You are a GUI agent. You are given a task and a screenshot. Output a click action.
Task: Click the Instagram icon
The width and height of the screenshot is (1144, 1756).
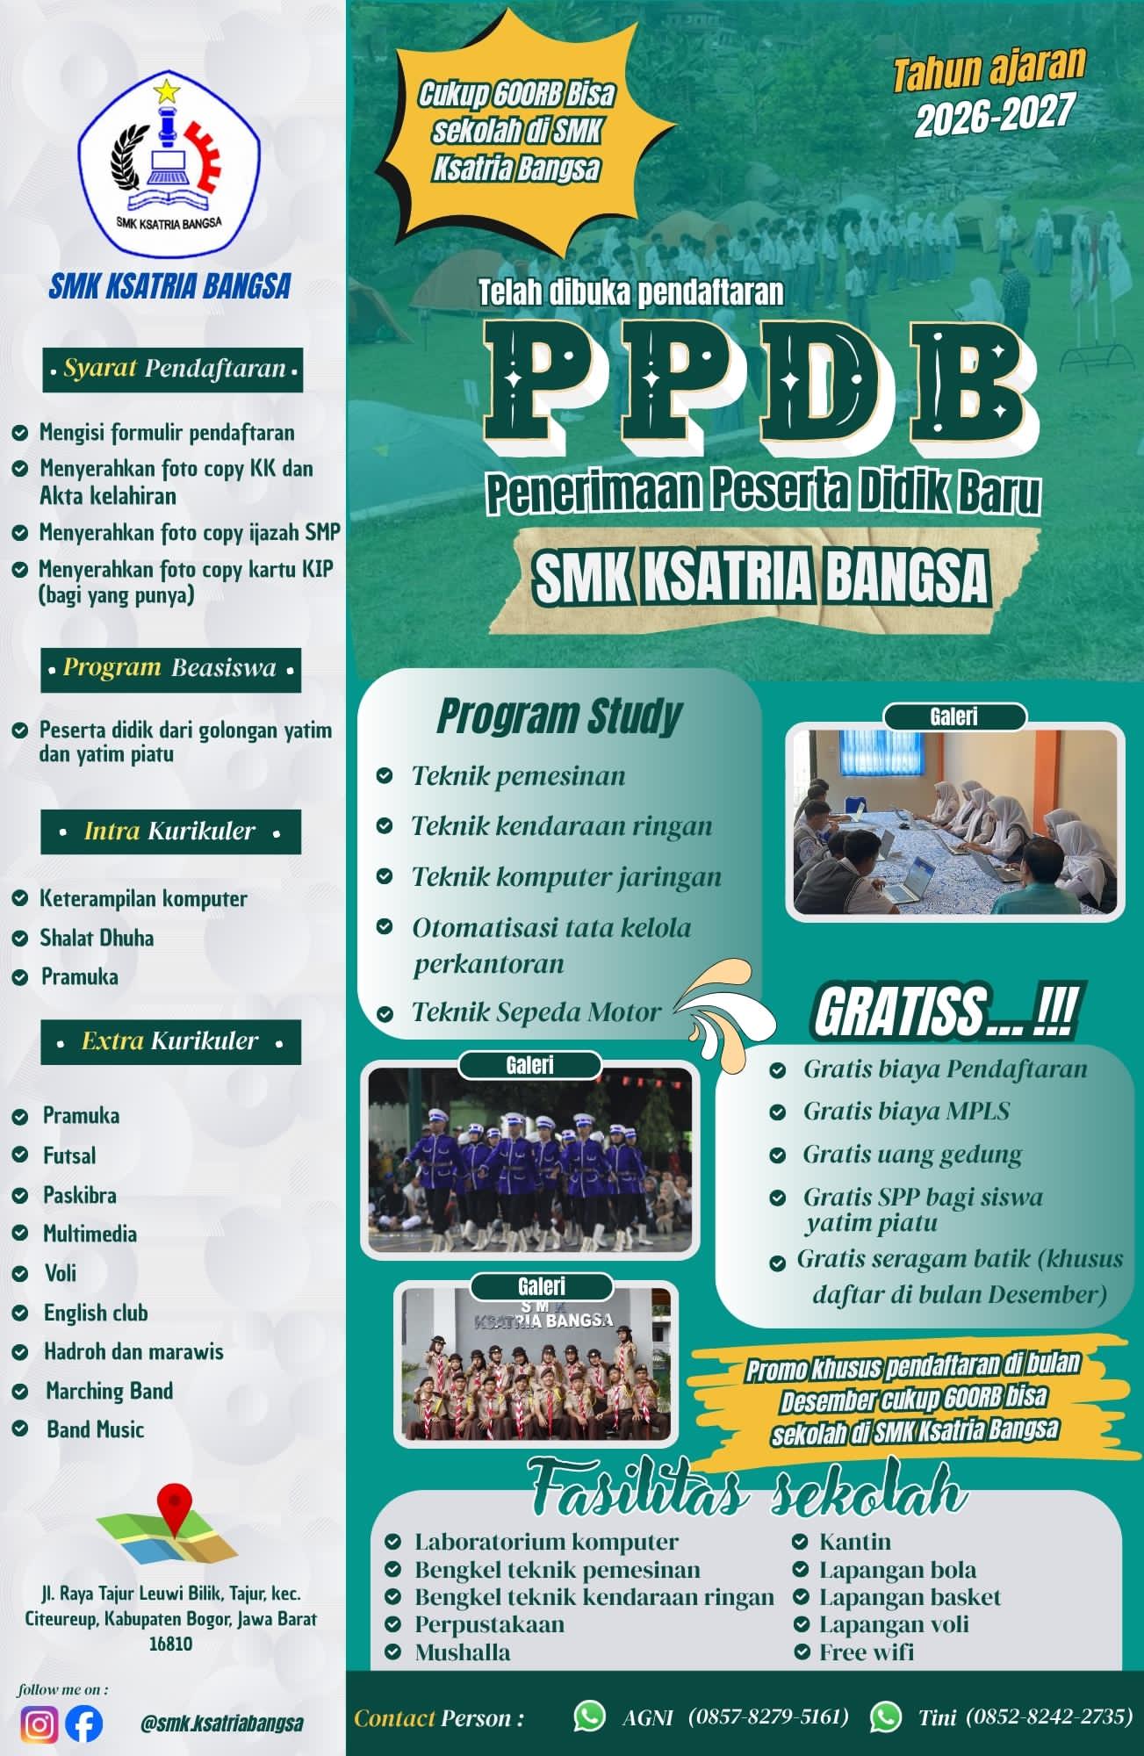click(x=39, y=1724)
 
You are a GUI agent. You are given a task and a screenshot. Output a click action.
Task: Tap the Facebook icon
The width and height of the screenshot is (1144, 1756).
click(x=83, y=1724)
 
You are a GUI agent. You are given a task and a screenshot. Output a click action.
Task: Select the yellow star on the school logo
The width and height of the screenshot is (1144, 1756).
click(x=165, y=90)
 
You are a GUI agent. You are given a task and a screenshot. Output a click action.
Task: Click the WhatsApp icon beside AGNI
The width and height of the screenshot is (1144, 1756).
click(x=589, y=1716)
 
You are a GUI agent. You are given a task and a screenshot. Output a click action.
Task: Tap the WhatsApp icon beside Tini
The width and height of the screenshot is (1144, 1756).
click(x=886, y=1716)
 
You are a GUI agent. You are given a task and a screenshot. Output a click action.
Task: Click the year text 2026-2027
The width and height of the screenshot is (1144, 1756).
click(x=994, y=115)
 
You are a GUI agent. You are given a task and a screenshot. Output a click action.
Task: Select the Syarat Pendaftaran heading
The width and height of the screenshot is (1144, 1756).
click(x=172, y=369)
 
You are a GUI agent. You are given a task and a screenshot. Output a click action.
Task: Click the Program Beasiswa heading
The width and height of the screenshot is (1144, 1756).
click(x=171, y=669)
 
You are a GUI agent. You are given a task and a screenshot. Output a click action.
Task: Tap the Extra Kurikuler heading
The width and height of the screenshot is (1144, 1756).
click(x=170, y=1042)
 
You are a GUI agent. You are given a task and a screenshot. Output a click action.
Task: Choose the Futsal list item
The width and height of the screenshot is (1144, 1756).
click(x=69, y=1155)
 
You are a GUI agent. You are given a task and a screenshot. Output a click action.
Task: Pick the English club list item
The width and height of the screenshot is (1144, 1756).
click(x=96, y=1313)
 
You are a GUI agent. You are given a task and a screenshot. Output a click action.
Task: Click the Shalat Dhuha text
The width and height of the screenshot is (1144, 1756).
click(x=97, y=938)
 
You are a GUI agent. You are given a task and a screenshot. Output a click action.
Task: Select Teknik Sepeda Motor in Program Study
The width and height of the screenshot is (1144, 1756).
click(x=536, y=1012)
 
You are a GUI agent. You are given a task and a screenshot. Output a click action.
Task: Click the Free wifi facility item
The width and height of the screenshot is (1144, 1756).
click(x=867, y=1652)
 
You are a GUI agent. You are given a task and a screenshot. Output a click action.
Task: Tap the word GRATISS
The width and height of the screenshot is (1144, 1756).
click(x=900, y=1012)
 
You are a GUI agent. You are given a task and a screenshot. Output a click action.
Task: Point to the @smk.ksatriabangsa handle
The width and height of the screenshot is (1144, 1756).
click(x=222, y=1724)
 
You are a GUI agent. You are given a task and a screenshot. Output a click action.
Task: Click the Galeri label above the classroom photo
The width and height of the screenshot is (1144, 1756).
click(x=954, y=716)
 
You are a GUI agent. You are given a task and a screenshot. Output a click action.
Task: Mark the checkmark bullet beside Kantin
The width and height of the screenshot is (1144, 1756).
click(x=800, y=1542)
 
